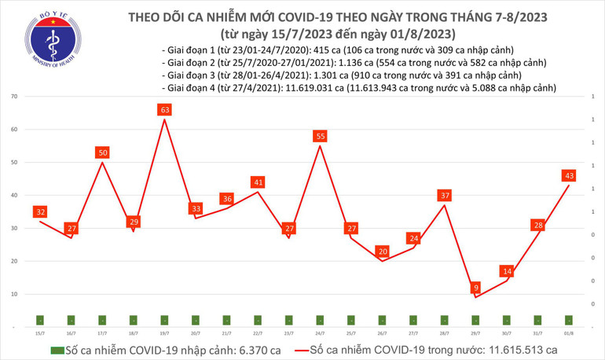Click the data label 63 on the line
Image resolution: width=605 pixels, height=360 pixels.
[165, 111]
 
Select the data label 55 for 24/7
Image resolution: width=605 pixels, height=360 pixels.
[320, 136]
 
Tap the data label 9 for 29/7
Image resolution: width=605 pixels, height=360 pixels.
[475, 288]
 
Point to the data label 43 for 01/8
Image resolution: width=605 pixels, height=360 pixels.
[569, 175]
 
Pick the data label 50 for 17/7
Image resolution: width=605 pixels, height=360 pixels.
[102, 152]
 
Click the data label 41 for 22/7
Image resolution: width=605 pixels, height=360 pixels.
[258, 182]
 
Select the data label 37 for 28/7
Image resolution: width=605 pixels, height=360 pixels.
[445, 195]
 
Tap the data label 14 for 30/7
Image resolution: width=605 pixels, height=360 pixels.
[507, 271]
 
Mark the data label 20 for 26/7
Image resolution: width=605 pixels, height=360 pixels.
[382, 252]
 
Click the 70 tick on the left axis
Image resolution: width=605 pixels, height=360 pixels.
[15, 97]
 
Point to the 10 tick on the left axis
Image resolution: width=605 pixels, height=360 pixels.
[15, 294]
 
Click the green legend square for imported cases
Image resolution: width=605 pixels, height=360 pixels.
[56, 350]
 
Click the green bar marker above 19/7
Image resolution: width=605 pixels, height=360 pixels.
[165, 320]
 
